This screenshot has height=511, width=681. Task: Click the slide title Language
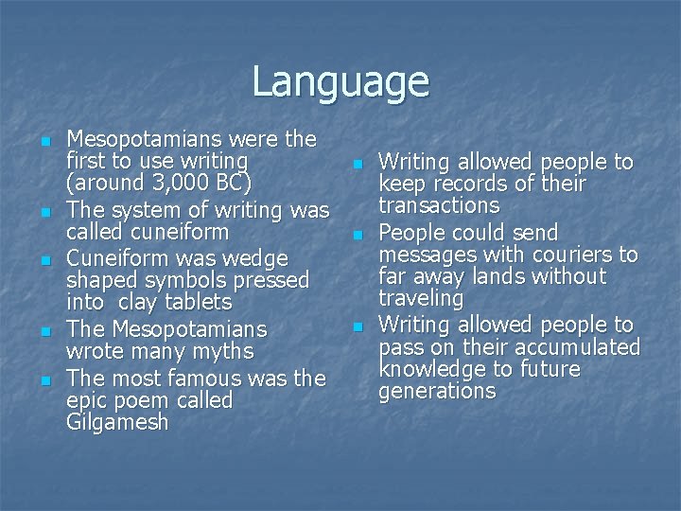(340, 81)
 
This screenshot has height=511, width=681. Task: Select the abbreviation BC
(233, 182)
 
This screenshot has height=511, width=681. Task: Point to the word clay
(146, 302)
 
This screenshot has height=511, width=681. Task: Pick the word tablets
(201, 302)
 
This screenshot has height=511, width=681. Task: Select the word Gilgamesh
(117, 422)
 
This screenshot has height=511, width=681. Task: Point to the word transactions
(439, 205)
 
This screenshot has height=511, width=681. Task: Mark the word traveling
(421, 298)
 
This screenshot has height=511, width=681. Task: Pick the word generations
(437, 391)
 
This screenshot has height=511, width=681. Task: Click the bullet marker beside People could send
(358, 234)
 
